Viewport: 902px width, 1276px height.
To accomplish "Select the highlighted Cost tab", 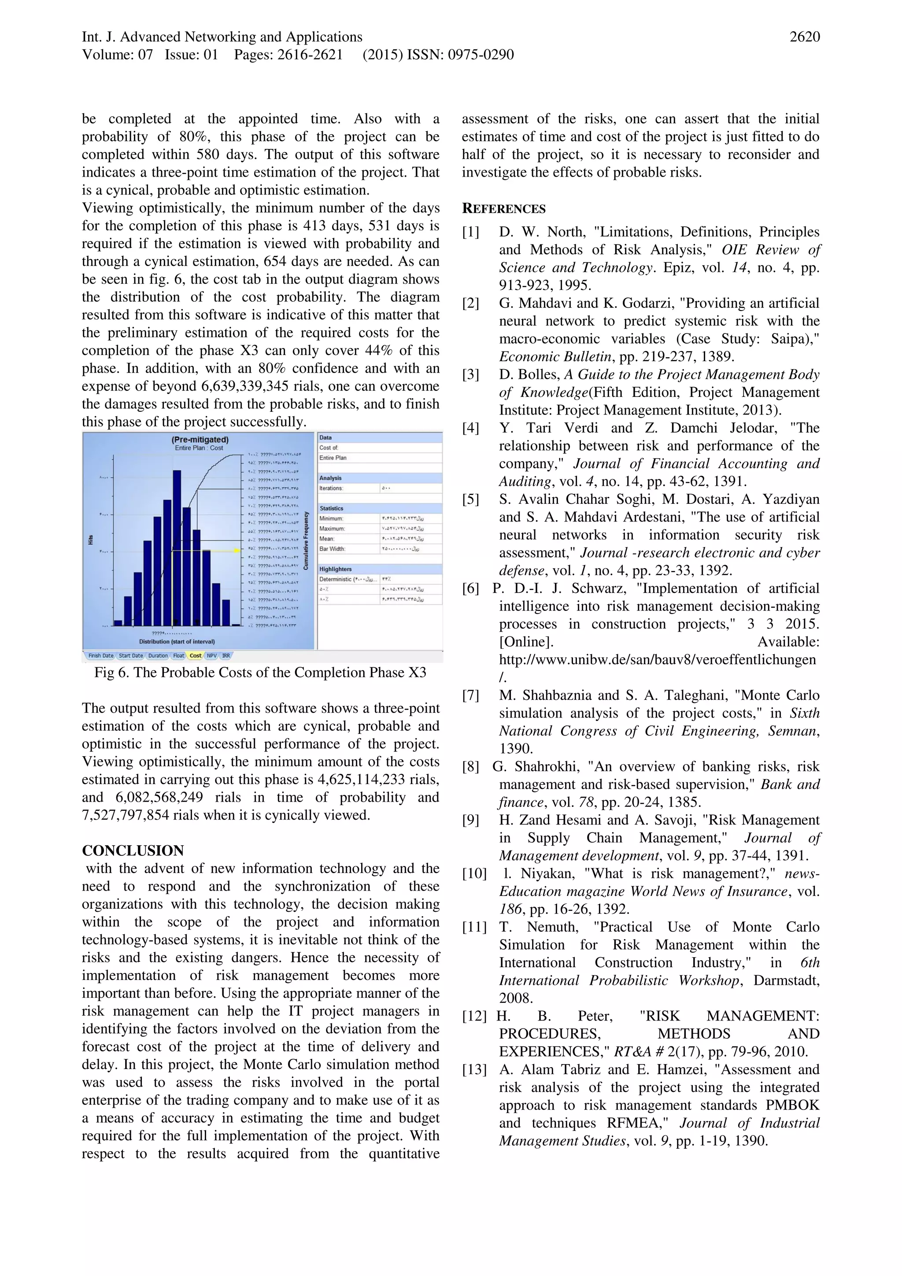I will pyautogui.click(x=195, y=656).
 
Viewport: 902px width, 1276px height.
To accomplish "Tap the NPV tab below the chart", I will pyautogui.click(x=212, y=656).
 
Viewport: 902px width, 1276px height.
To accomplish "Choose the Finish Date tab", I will pyautogui.click(x=100, y=656).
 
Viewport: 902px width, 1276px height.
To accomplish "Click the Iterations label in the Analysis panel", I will pyautogui.click(x=331, y=488).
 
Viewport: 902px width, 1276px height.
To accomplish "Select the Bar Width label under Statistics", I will pyautogui.click(x=333, y=548).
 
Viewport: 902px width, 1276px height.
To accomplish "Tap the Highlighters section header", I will pyautogui.click(x=336, y=569).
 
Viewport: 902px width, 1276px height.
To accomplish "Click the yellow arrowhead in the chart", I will pyautogui.click(x=237, y=550).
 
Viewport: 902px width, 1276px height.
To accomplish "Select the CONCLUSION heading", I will pyautogui.click(x=133, y=851).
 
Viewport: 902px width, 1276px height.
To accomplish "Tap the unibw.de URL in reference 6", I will pyautogui.click(x=657, y=660).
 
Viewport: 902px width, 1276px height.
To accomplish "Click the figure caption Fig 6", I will pyautogui.click(x=260, y=673).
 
